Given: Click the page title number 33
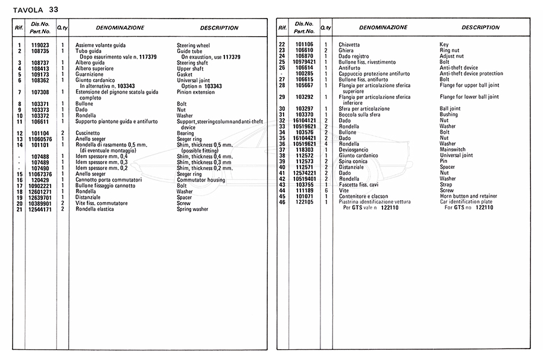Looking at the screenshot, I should tap(54, 10).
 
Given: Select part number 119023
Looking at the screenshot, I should tap(40, 45).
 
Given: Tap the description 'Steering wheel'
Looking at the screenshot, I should tap(193, 45).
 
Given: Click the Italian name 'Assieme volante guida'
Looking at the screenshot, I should tap(101, 45).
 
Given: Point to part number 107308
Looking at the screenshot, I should tap(40, 92).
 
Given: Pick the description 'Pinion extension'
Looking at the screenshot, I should tap(195, 92).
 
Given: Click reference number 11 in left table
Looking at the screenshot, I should tap(19, 121).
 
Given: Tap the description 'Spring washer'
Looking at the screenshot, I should tap(193, 209).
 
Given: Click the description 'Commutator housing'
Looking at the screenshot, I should tap(201, 180).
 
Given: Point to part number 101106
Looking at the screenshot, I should tap(304, 45).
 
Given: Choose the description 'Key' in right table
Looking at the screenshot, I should tap(444, 45).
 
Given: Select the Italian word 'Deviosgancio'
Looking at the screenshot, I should tap(355, 150).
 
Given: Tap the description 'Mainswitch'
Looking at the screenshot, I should tap(453, 150).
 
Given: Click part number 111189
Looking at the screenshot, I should tap(304, 191).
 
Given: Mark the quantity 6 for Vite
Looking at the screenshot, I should tap(326, 191).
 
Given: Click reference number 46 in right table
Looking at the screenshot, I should tap(281, 202).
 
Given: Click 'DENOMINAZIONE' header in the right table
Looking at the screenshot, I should tap(383, 28).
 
